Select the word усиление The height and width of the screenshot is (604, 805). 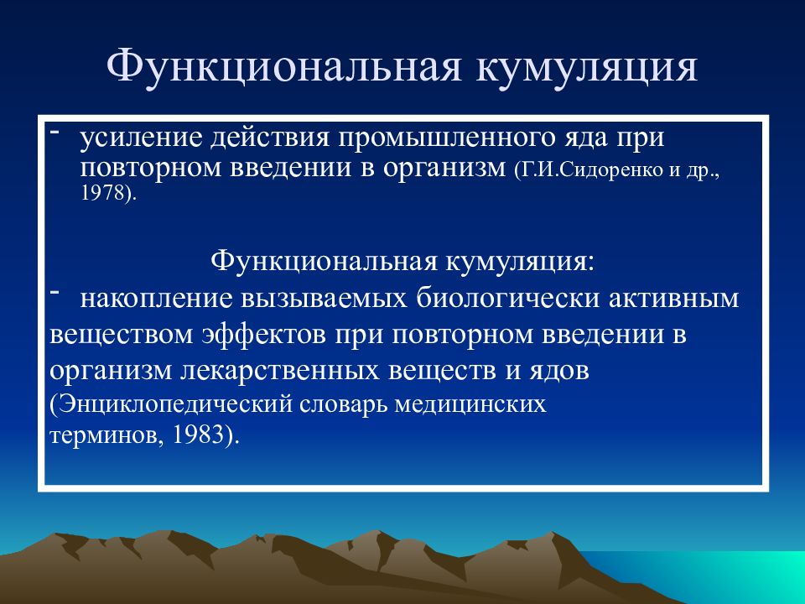click(x=141, y=138)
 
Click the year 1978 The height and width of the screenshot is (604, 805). click(x=102, y=193)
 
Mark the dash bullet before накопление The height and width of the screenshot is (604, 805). click(x=54, y=292)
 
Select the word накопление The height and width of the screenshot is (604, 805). click(x=157, y=299)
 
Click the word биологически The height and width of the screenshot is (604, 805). click(x=507, y=299)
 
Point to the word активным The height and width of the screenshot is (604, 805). click(x=673, y=299)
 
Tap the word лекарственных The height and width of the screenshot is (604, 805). click(x=280, y=371)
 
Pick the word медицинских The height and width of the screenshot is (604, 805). click(x=470, y=405)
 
